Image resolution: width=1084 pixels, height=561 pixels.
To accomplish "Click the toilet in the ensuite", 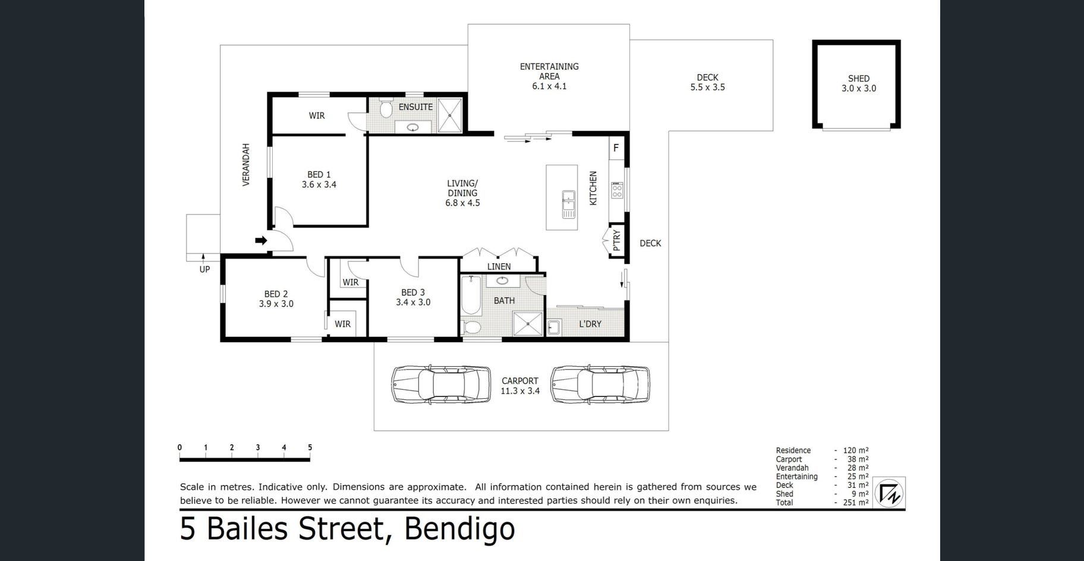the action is coord(385,108).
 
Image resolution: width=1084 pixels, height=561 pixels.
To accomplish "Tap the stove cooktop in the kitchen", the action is coord(617,190).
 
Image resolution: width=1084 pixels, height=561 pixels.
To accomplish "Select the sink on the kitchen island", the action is coord(569,204).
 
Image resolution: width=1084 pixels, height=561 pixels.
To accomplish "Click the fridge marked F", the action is coord(616,148).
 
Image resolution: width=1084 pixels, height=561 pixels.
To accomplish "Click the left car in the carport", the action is coord(441,385).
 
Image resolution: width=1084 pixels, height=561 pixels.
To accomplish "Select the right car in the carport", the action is coord(600,385).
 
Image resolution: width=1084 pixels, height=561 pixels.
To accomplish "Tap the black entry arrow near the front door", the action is coord(261,240).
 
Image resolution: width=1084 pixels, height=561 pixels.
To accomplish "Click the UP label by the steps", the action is coord(204,269).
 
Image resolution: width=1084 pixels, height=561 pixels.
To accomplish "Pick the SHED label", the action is coord(859,78).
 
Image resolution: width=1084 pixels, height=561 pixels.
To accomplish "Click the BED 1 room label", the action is coord(319,175).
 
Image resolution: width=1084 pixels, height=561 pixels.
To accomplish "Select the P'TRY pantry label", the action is coord(616,240).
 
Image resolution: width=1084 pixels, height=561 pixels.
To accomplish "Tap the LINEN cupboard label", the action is coord(499,266).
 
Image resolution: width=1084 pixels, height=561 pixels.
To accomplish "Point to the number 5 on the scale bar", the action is coord(310,447).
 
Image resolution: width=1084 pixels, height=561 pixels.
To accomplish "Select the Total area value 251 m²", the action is coord(856,502).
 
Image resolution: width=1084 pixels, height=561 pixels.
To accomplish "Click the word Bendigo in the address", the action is coord(459,528).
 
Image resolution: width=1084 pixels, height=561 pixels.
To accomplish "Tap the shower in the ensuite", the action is coord(452,115).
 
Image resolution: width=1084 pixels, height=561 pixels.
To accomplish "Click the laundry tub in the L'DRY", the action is coord(554,327).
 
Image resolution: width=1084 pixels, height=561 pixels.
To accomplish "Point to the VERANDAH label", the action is coord(246,165).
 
